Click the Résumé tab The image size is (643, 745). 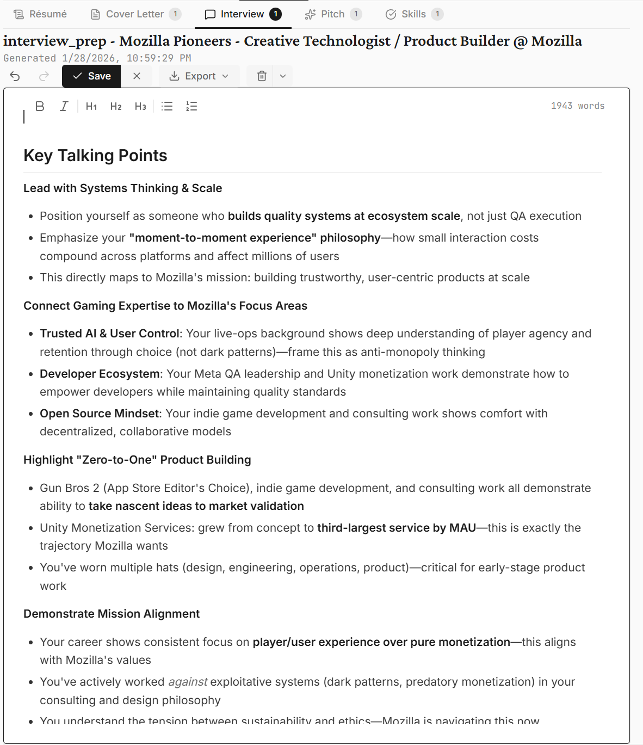pos(40,14)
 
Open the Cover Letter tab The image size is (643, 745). pos(134,14)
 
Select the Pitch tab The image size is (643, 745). pos(332,14)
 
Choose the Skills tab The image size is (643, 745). pos(413,14)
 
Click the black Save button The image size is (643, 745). pos(92,76)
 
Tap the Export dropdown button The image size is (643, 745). pos(199,76)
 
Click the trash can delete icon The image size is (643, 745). pos(262,76)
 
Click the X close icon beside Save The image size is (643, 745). pos(137,76)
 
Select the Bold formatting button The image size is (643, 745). pos(40,106)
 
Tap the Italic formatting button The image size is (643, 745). pos(64,106)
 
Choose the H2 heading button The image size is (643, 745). pos(116,106)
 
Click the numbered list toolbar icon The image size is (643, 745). pos(191,106)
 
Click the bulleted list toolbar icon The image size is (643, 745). pos(167,106)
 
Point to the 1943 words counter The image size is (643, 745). pos(577,106)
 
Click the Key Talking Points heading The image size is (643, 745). pos(95,156)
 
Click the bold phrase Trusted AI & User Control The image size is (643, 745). pos(109,334)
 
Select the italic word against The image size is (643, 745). pos(188,682)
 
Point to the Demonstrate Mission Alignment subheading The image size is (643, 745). pos(112,614)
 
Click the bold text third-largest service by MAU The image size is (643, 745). pos(396,528)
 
